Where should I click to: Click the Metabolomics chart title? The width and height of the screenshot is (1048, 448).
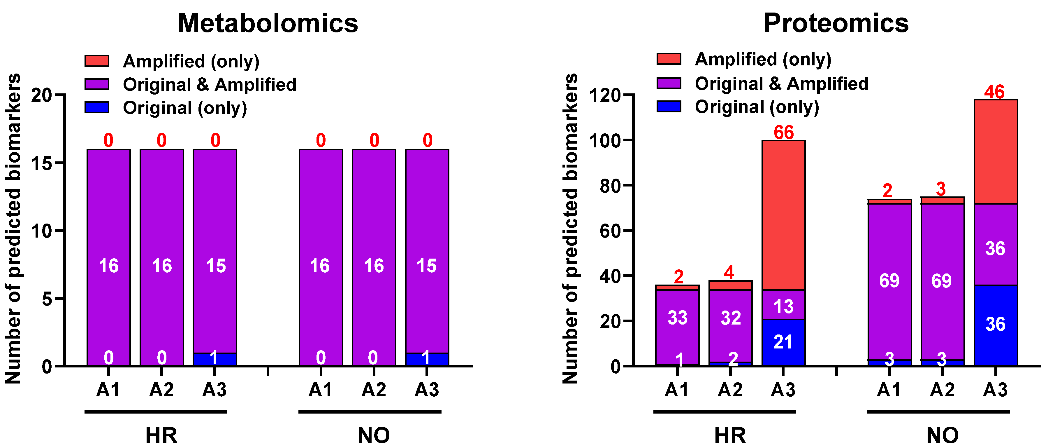(x=268, y=23)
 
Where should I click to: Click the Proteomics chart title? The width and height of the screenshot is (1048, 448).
(x=836, y=23)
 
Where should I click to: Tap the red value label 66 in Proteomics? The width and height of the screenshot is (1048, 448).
(x=784, y=133)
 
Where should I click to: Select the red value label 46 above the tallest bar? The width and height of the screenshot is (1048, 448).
(x=994, y=92)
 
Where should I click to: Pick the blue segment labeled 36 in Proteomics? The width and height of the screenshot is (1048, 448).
(x=996, y=325)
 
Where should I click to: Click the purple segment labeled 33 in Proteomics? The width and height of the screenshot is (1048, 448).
(x=677, y=318)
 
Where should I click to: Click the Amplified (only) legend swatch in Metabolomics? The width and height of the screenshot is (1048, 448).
(x=97, y=61)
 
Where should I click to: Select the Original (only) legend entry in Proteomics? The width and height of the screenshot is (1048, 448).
(x=757, y=107)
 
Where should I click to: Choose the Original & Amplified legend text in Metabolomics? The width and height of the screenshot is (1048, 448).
(x=210, y=85)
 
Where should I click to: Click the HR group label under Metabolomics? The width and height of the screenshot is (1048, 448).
(x=161, y=435)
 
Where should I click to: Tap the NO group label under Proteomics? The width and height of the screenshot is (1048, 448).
(x=943, y=435)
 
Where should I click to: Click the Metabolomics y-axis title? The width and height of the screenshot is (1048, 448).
(x=13, y=228)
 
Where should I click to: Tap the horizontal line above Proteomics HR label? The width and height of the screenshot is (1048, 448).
(x=725, y=412)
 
